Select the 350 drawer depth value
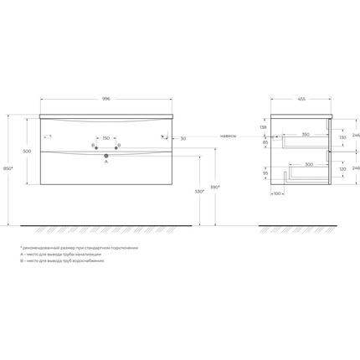306,135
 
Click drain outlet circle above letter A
106,154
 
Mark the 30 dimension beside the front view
182,139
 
